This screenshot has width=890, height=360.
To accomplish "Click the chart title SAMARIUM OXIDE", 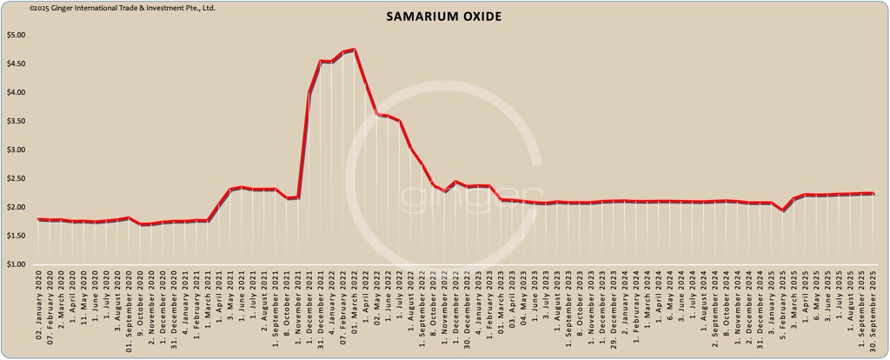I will (444, 17).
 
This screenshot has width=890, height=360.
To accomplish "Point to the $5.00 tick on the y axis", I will (17, 36).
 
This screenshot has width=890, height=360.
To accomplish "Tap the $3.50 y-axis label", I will (17, 122).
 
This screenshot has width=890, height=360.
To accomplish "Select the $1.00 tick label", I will (17, 264).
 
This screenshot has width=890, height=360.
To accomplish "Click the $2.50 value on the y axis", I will (17, 179).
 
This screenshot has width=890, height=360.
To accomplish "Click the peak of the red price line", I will (355, 50).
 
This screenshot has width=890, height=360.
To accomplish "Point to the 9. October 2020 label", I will (141, 313).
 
